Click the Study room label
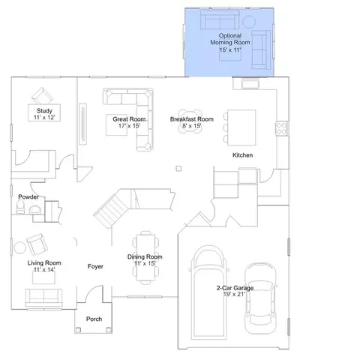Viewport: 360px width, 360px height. [44, 111]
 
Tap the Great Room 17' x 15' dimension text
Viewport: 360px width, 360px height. [129, 126]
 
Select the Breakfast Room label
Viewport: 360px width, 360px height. [192, 119]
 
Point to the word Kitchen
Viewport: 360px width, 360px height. [242, 155]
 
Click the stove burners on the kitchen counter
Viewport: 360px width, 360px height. [282, 128]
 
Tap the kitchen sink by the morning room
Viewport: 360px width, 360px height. [250, 84]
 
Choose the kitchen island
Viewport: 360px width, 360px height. [241, 127]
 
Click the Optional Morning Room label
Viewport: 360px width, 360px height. [230, 39]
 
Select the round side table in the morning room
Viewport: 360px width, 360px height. [249, 22]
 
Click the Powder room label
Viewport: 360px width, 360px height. [28, 197]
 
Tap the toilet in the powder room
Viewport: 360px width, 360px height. [20, 207]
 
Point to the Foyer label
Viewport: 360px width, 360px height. [95, 266]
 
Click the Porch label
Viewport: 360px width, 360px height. [94, 319]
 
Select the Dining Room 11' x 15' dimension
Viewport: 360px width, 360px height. [145, 263]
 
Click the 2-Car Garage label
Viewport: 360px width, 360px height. [235, 288]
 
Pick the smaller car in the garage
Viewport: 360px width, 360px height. [260, 298]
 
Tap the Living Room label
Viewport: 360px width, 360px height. [44, 263]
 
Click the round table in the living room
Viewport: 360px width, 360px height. [20, 247]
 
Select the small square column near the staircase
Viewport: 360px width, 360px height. [178, 169]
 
